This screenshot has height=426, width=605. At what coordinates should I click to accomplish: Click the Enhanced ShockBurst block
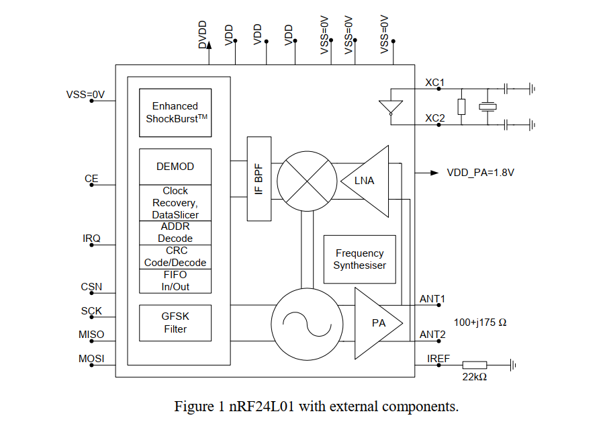[175, 113]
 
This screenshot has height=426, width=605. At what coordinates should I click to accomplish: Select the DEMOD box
[175, 167]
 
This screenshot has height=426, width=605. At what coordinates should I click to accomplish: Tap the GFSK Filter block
[175, 323]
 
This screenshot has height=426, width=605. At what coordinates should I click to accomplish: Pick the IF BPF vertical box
[259, 179]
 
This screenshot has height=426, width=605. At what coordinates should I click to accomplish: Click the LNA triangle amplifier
[365, 181]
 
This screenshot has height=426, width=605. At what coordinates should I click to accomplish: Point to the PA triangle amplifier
[379, 323]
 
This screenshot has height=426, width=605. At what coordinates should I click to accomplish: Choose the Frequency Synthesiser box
[360, 259]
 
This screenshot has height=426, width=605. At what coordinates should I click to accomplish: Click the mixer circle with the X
[307, 181]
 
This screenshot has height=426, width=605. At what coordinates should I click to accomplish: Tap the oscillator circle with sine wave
[307, 324]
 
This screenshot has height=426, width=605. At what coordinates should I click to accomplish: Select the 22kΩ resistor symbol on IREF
[475, 365]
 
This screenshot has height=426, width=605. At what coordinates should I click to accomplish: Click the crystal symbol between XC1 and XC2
[487, 107]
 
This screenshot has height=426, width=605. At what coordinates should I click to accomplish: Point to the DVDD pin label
[203, 34]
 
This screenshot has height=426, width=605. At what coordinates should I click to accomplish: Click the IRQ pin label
[91, 239]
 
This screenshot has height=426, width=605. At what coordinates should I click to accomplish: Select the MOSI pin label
[91, 359]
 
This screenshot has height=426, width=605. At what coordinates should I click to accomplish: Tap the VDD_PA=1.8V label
[480, 173]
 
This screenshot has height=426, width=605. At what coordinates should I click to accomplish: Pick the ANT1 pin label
[432, 299]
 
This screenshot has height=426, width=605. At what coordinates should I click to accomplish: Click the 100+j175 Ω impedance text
[480, 323]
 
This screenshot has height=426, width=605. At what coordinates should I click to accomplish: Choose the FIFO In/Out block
[175, 281]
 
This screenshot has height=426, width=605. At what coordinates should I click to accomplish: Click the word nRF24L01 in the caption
[262, 407]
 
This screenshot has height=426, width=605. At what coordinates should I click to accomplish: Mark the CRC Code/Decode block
[175, 257]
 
